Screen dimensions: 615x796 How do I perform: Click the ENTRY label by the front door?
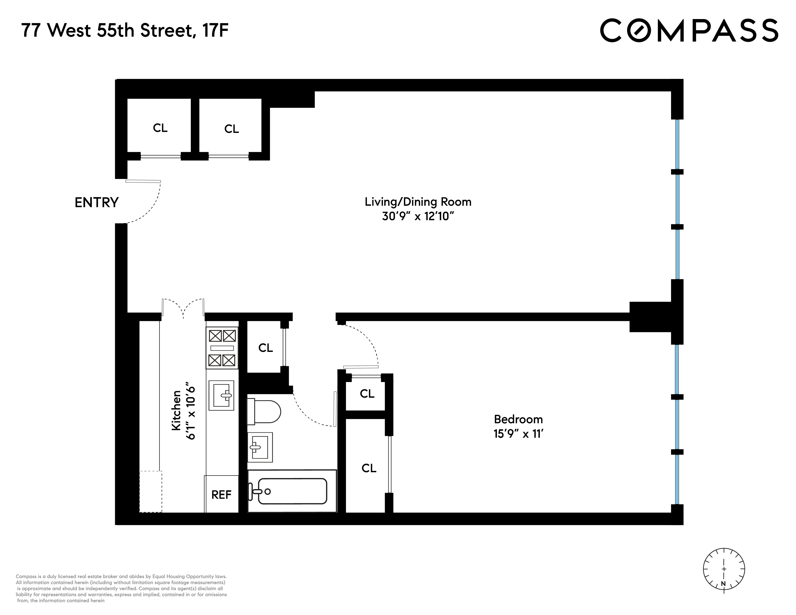point(96,203)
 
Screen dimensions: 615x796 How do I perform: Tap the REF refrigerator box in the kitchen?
point(221,494)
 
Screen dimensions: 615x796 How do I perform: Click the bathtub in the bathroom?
point(292,491)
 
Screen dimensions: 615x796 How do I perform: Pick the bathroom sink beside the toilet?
point(260,447)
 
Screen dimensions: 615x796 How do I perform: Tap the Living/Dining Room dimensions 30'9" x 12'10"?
point(418,216)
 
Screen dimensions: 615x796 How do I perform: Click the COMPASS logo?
point(689,31)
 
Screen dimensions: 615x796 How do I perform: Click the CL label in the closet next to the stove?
point(265,348)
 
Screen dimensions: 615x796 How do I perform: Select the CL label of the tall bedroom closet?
point(369,468)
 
